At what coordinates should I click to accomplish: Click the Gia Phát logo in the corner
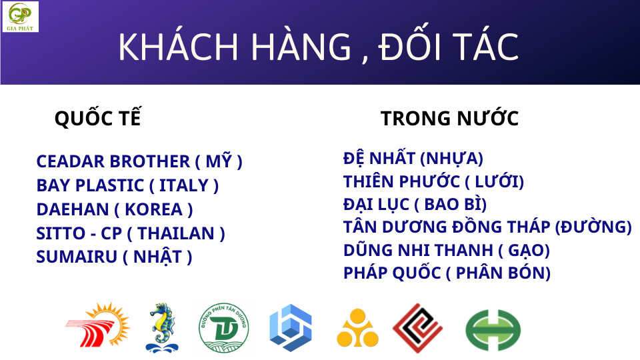pos(20,16)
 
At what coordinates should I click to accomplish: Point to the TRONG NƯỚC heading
pos(449,119)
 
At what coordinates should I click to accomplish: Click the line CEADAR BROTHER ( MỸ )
pos(139,161)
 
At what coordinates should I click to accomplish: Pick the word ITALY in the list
pos(184,185)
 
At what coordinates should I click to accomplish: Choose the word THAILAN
pos(176,233)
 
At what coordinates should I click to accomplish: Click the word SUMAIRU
pos(77,257)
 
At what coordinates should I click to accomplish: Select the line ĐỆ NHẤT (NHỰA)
pos(413,159)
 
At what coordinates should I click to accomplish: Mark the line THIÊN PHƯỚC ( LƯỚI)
pos(433,181)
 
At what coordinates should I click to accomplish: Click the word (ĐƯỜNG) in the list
pos(593,227)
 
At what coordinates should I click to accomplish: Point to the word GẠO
pos(525,250)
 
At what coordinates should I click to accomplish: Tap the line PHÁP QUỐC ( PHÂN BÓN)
pos(447,273)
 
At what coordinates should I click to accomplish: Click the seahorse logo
pos(162,328)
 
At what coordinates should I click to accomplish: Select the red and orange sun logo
pos(98,325)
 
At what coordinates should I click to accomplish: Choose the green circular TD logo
pos(224,328)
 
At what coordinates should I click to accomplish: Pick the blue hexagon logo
pos(291,328)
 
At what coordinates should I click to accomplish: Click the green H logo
pos(493,330)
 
